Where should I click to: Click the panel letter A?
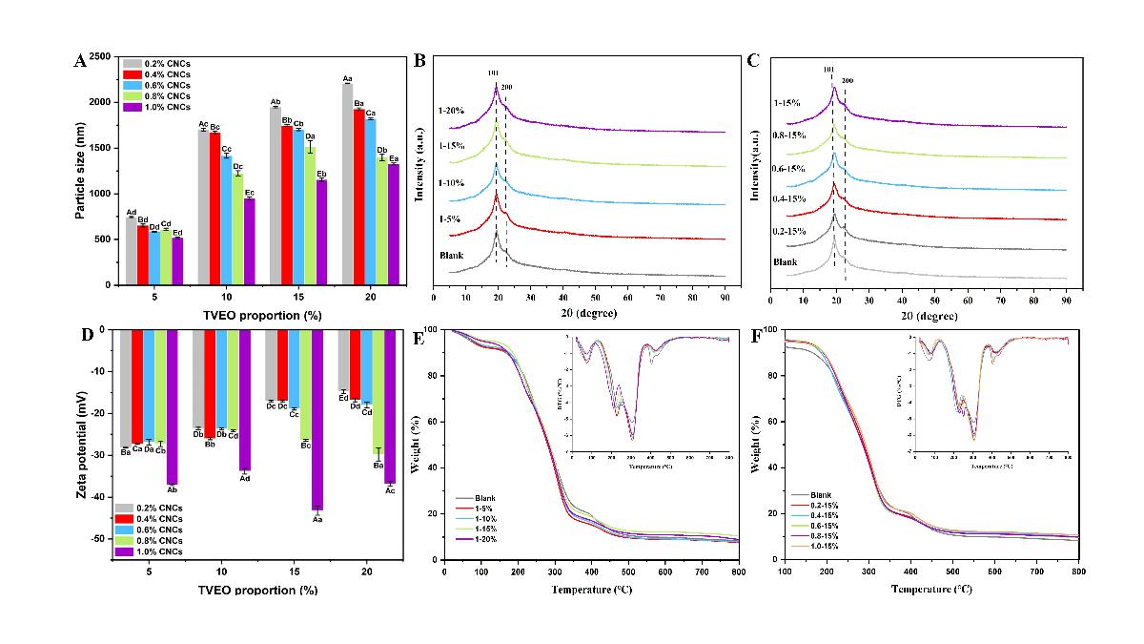coord(80,61)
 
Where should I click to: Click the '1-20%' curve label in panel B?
coord(453,111)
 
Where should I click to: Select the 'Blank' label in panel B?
coord(453,256)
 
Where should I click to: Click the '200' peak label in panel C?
coord(848,81)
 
